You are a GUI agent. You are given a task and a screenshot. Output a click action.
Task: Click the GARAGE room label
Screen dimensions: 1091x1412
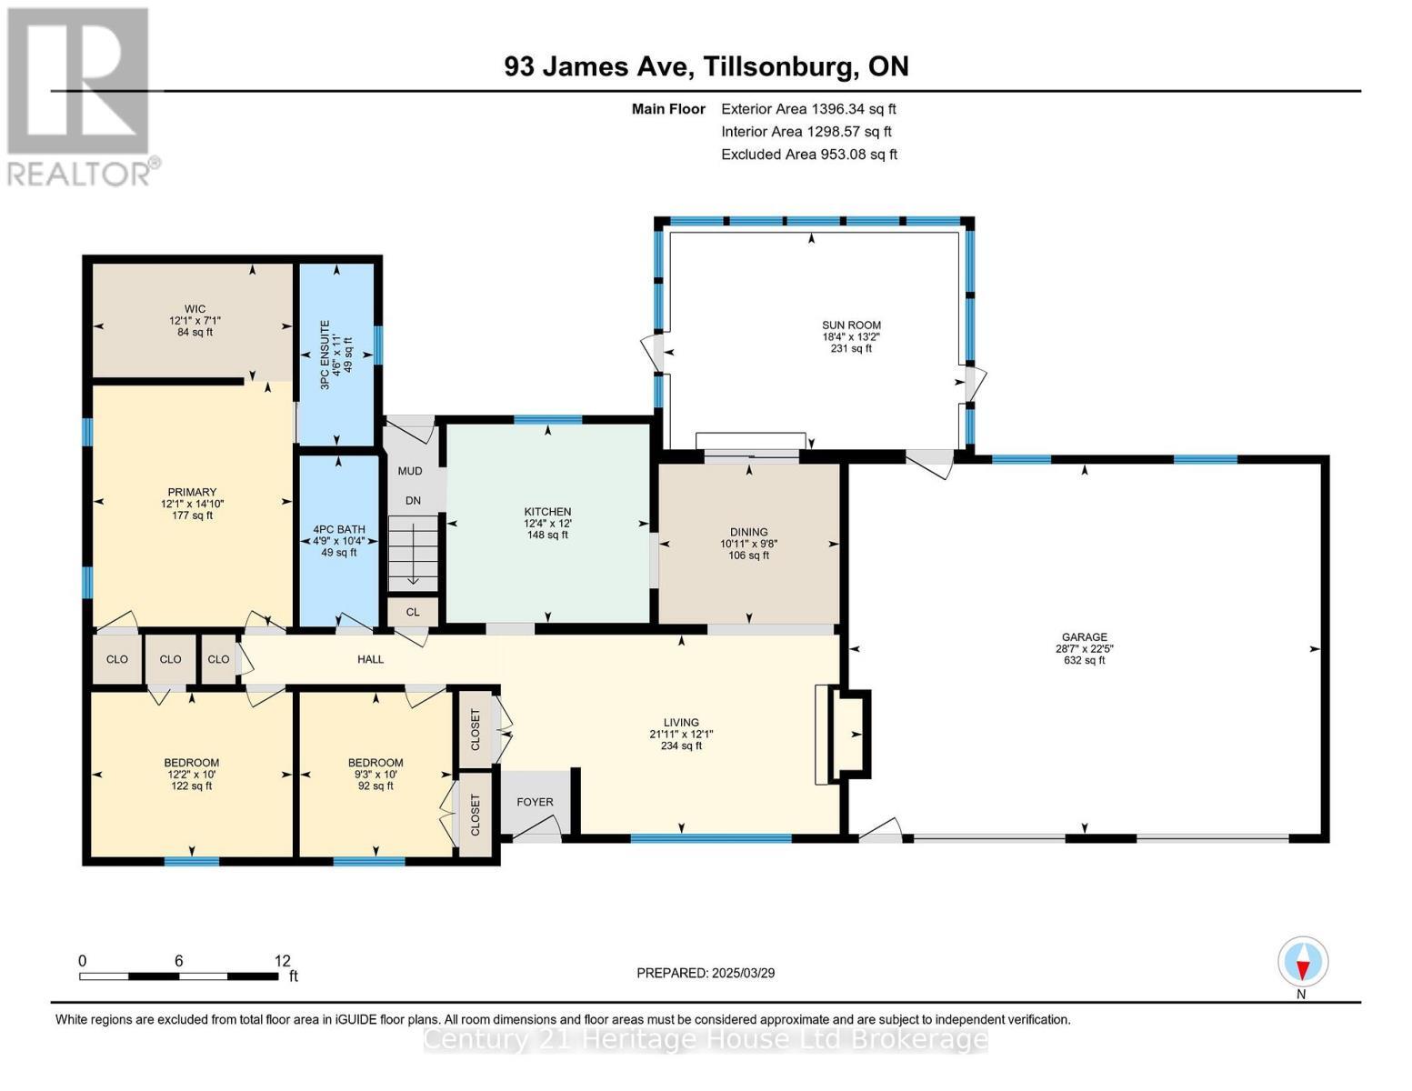point(1084,637)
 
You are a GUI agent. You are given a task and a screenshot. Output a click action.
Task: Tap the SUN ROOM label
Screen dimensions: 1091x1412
point(851,325)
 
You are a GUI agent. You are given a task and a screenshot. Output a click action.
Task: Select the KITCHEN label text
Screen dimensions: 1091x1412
point(547,512)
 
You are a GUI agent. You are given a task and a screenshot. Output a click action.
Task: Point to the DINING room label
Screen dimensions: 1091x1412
point(748,532)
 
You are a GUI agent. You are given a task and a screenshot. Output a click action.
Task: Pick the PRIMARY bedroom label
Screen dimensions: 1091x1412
point(192,492)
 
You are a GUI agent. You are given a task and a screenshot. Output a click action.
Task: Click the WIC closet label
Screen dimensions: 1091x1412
point(194,309)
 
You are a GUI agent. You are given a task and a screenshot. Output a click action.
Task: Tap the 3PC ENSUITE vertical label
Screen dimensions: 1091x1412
point(325,355)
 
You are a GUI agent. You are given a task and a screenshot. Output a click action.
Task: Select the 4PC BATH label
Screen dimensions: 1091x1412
point(338,529)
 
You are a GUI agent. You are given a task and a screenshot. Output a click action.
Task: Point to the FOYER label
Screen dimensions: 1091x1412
point(535,802)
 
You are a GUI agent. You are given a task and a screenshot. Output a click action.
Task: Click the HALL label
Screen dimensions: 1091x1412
point(370,659)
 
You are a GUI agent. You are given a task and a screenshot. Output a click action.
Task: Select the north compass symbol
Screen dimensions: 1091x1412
point(1303,962)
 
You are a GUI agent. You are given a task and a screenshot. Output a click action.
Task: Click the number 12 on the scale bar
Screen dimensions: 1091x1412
point(282,960)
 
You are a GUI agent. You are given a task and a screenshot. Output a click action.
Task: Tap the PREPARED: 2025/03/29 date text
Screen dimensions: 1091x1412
point(706,973)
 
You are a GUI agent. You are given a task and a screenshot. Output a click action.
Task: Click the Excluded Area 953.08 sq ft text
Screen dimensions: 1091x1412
point(809,155)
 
